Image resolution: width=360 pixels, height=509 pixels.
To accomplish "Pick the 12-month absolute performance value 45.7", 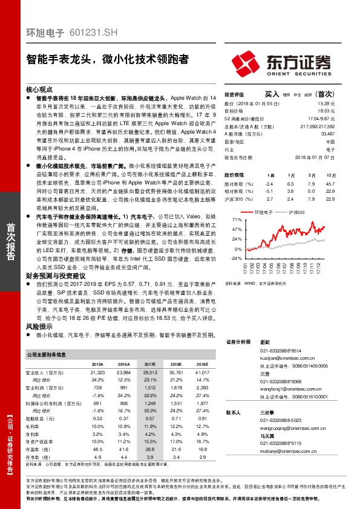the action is tap(330, 183).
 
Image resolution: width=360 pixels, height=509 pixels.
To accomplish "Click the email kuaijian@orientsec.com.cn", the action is tap(284, 358).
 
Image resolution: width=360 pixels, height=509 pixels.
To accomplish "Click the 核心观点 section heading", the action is tap(40, 88).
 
